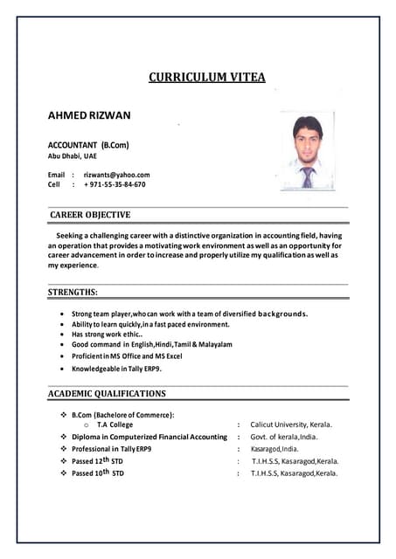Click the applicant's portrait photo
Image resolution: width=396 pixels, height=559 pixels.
(306, 150)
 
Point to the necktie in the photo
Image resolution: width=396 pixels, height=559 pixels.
(307, 176)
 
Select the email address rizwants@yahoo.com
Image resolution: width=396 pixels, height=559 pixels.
(116, 175)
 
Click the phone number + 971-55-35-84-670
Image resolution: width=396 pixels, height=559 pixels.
(115, 184)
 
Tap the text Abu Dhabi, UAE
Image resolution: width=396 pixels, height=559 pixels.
(72, 155)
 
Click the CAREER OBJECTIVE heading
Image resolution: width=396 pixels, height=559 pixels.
(90, 215)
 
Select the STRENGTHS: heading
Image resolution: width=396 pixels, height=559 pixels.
(73, 292)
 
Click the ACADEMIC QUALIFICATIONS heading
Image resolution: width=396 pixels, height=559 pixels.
(107, 394)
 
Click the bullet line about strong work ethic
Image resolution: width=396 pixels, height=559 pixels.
(109, 335)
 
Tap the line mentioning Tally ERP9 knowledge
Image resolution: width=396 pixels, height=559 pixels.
(116, 369)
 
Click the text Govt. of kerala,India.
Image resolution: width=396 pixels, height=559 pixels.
(284, 437)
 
